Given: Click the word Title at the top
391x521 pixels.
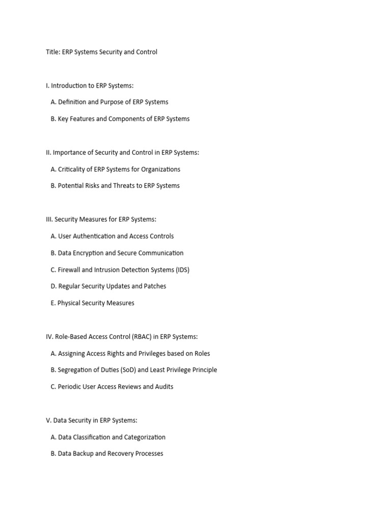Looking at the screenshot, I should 52,52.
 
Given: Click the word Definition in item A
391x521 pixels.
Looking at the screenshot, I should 72,102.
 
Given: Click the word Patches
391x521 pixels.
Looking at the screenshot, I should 155,286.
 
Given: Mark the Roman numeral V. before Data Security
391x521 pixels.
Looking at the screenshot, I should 48,420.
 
